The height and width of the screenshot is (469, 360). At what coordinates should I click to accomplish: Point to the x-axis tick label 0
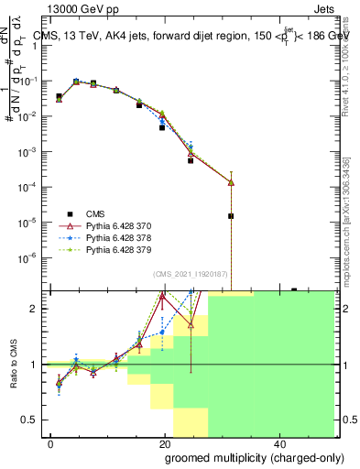click(51, 442)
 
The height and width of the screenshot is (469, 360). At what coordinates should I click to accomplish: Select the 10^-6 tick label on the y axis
click(30, 256)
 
